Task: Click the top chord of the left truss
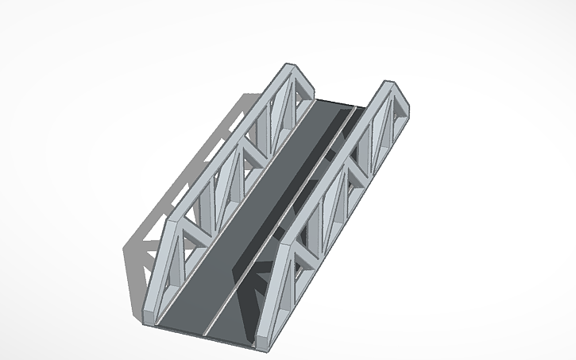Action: [x=230, y=143]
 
